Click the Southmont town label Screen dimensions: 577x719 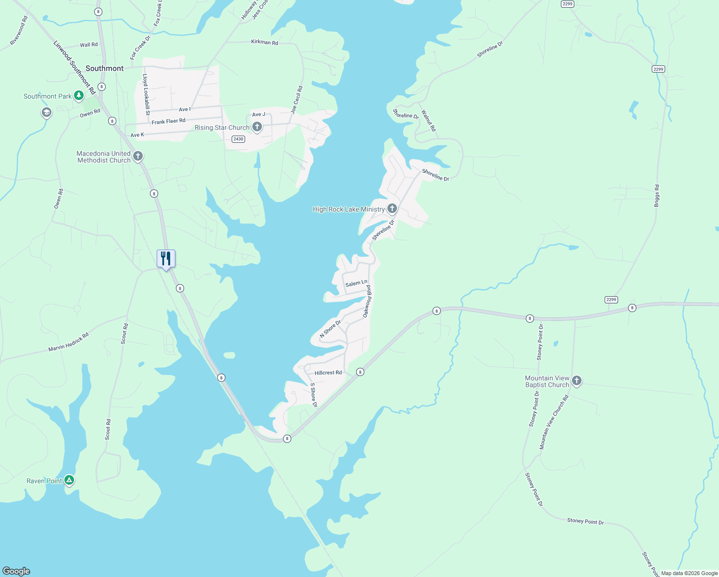(x=104, y=68)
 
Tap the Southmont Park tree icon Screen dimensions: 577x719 (x=79, y=96)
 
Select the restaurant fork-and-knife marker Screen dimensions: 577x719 (x=166, y=259)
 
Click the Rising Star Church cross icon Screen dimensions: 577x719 (x=257, y=127)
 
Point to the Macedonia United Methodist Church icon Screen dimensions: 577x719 (x=138, y=156)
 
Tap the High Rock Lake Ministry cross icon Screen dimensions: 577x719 (x=392, y=209)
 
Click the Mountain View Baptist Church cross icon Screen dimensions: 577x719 (x=577, y=381)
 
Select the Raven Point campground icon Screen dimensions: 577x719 (x=69, y=480)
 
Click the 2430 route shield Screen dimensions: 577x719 (x=238, y=139)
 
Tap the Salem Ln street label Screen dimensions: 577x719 (x=356, y=283)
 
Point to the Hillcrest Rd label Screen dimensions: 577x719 (x=328, y=373)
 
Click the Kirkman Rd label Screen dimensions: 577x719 (x=264, y=42)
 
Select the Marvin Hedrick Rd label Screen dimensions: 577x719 (x=69, y=342)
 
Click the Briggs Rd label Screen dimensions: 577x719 (x=657, y=196)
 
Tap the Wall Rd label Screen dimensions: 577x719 (x=88, y=45)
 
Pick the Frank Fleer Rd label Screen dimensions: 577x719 (x=168, y=122)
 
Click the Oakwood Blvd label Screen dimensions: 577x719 (x=367, y=301)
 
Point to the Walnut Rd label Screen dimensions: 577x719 (x=428, y=121)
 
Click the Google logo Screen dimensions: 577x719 (x=16, y=571)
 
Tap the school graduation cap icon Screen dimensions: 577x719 (x=46, y=113)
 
